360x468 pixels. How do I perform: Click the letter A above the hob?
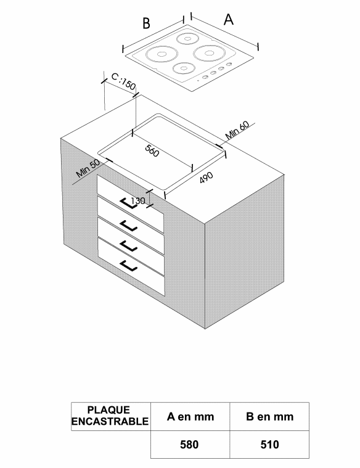(229, 20)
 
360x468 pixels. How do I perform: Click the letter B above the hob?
(146, 23)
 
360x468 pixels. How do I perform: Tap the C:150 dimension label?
(123, 81)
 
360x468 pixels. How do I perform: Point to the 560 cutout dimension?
(152, 150)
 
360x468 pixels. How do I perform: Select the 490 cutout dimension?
(207, 178)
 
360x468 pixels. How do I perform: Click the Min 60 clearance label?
(237, 130)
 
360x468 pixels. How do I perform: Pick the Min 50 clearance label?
(88, 168)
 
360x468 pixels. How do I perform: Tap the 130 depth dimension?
(138, 201)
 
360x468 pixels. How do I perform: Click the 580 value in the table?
(189, 445)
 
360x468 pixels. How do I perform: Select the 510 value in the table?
(269, 445)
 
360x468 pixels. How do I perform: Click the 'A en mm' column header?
(190, 416)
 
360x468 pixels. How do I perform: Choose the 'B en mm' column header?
(269, 416)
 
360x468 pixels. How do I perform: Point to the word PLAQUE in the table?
(108, 410)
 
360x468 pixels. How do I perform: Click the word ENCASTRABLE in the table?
(110, 421)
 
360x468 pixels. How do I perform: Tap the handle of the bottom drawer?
(129, 266)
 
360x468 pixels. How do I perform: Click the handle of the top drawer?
(128, 203)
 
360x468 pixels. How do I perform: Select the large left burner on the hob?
(162, 54)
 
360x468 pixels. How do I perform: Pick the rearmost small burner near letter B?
(187, 38)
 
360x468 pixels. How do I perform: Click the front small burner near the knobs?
(184, 68)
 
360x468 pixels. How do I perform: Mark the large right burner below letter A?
(208, 53)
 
